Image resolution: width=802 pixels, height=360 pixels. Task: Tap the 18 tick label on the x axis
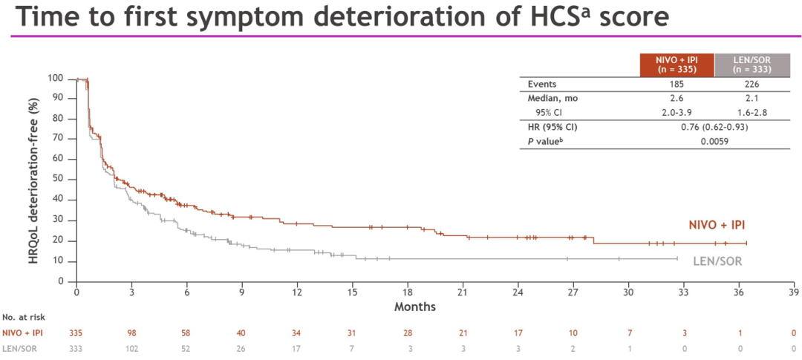tap(407, 292)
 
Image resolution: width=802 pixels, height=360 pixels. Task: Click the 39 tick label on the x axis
tap(792, 292)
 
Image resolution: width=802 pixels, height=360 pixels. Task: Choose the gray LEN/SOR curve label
tap(717, 261)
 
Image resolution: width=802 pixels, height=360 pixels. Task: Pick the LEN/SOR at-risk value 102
tap(131, 347)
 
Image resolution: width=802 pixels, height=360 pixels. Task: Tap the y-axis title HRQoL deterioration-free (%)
tap(34, 178)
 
